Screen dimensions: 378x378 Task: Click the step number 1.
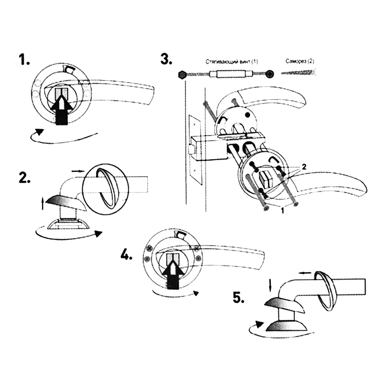(25, 60)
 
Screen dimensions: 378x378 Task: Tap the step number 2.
(25, 178)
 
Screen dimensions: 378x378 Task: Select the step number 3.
(166, 60)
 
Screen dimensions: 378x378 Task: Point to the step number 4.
(127, 256)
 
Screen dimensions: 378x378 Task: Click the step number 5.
(238, 298)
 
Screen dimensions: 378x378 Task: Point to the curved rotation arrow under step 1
(60, 136)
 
